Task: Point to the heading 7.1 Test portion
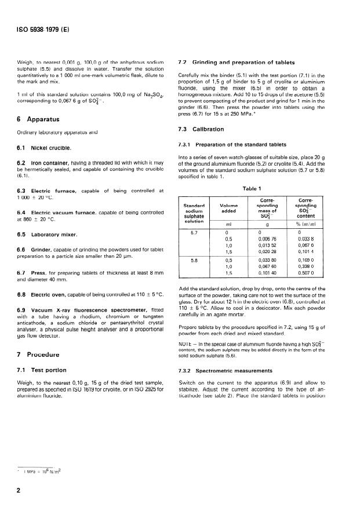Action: [41, 370]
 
